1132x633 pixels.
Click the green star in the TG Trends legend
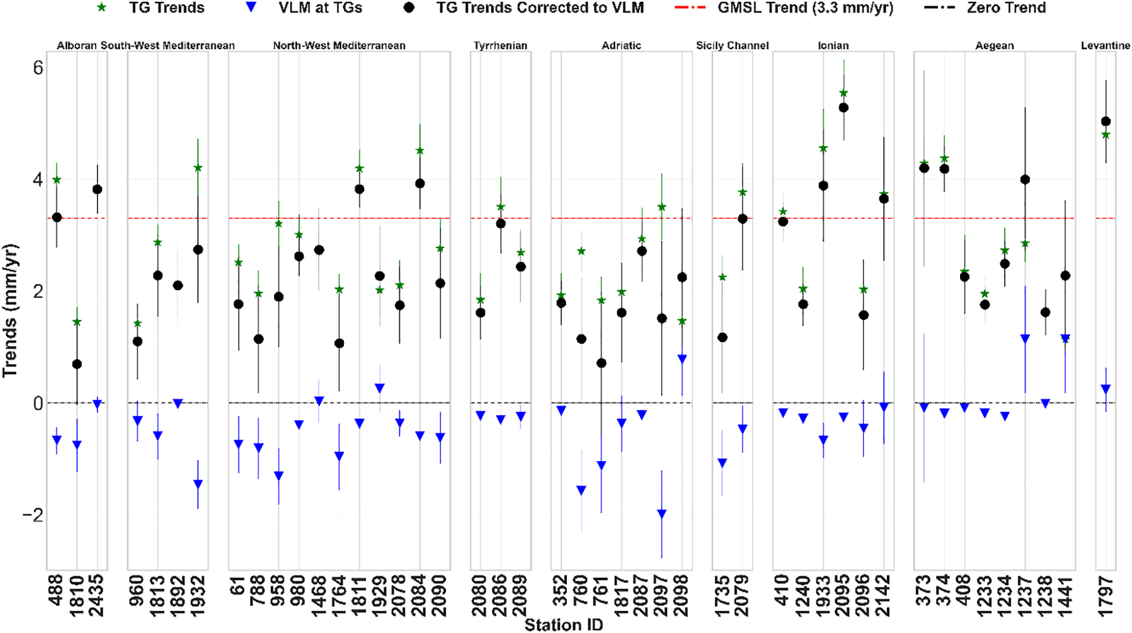click(102, 8)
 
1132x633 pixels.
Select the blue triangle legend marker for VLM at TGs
click(251, 8)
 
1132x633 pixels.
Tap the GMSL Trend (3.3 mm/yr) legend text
click(805, 8)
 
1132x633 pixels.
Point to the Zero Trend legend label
click(1006, 8)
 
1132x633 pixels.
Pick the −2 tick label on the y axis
click(33, 515)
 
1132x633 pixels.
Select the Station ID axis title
click(563, 625)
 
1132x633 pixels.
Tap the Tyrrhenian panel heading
click(500, 45)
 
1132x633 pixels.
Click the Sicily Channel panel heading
click(732, 45)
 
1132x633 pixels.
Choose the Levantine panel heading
click(1105, 45)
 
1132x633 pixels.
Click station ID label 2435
click(97, 595)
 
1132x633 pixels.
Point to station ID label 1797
click(1106, 595)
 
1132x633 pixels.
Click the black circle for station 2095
click(844, 108)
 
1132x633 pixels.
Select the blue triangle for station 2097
click(662, 513)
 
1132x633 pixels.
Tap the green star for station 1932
click(198, 168)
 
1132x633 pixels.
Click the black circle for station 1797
click(1106, 121)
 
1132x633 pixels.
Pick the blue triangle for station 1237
click(1025, 339)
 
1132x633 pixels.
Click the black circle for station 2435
click(97, 189)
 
